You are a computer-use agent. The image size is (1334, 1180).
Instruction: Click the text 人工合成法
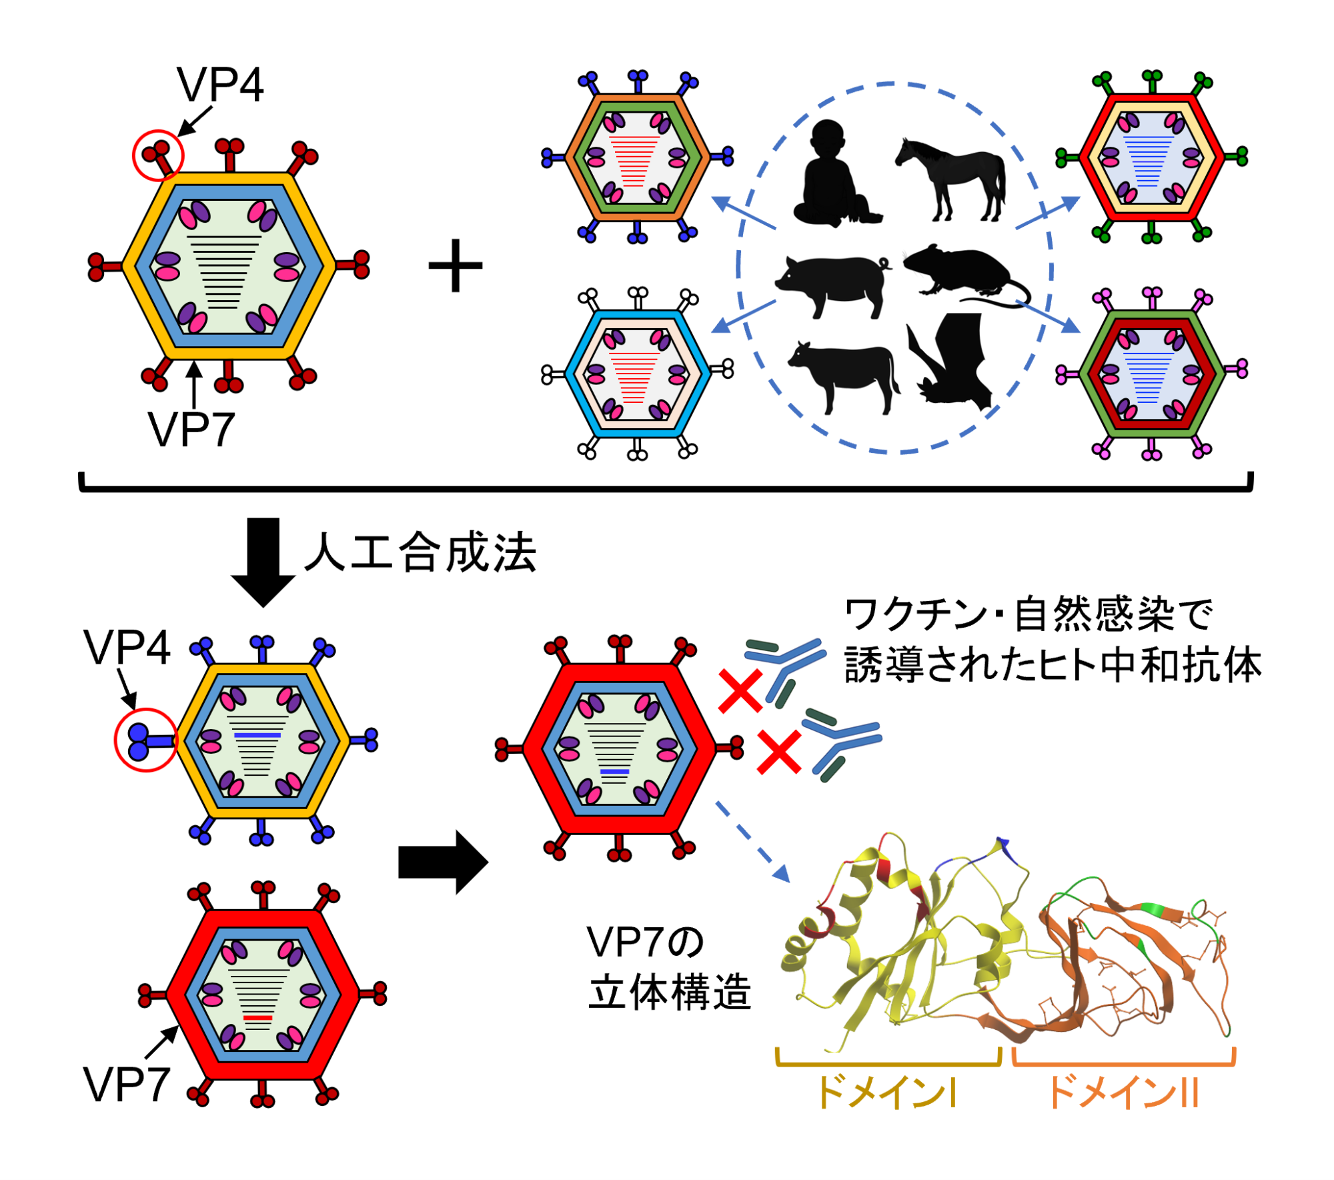coord(421,552)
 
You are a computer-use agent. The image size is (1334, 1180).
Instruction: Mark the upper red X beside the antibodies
coord(740,691)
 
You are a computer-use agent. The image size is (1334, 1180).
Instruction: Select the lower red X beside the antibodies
coord(779,752)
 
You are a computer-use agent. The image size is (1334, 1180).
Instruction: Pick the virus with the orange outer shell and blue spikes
coord(638,157)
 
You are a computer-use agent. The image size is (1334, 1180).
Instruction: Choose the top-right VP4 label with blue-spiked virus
coord(127,647)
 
